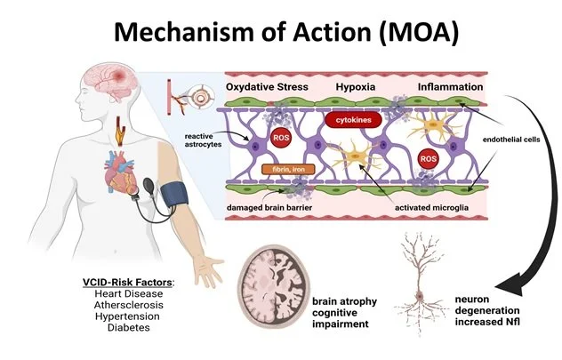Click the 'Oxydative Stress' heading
coord(269,87)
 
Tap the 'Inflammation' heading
coord(451,87)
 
